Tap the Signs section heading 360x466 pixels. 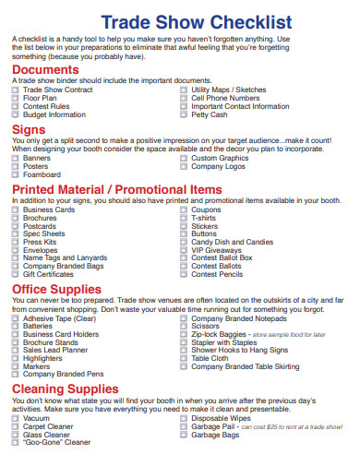coord(29,130)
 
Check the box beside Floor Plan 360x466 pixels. coord(15,98)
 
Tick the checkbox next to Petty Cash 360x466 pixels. coord(183,115)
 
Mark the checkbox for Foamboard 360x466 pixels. coord(15,174)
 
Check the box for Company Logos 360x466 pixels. coord(183,167)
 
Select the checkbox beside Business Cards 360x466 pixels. coord(15,210)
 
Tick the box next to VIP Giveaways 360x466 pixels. coord(183,250)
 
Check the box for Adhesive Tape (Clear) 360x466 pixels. coord(15,318)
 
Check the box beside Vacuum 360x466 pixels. coord(15,419)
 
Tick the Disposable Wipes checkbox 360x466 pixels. coord(183,419)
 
